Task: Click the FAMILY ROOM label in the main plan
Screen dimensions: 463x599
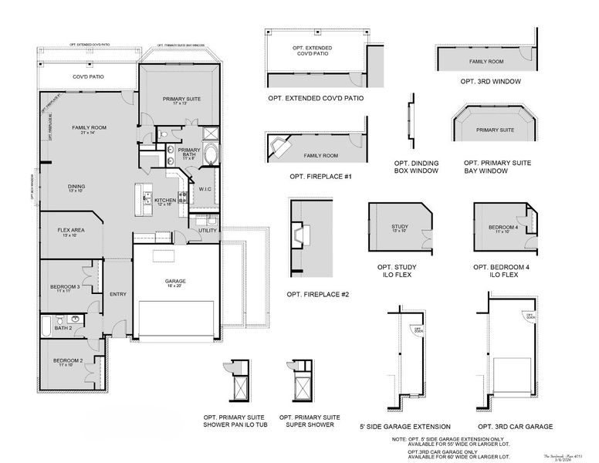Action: tap(89, 127)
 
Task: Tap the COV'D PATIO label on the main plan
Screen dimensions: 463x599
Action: tap(89, 77)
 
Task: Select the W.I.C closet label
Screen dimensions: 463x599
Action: tap(205, 189)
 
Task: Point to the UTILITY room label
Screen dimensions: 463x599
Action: tap(207, 230)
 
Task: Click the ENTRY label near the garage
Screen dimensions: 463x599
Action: tap(118, 293)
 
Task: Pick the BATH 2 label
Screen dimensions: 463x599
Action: tap(63, 328)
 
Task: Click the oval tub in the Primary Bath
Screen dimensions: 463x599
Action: tap(210, 156)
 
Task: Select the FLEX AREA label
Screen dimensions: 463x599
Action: tap(70, 230)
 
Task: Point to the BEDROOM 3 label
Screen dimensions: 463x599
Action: tap(66, 287)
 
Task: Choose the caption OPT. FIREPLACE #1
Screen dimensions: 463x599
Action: tap(320, 177)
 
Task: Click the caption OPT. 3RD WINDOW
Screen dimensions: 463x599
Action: tap(490, 81)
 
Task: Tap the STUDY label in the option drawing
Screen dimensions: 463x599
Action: tap(399, 227)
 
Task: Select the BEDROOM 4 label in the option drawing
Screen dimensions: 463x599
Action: tap(503, 227)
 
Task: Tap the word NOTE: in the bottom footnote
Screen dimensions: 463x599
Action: tap(399, 438)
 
